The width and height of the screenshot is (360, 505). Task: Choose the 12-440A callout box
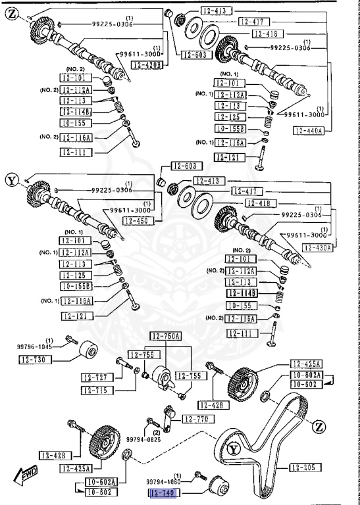click(x=308, y=132)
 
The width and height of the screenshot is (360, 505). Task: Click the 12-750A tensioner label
click(x=166, y=337)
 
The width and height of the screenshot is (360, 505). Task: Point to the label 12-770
click(x=194, y=419)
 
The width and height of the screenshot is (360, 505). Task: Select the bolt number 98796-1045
click(x=35, y=345)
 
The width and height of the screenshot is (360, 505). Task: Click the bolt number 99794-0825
click(x=143, y=439)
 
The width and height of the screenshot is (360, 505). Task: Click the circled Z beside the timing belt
click(x=319, y=427)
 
